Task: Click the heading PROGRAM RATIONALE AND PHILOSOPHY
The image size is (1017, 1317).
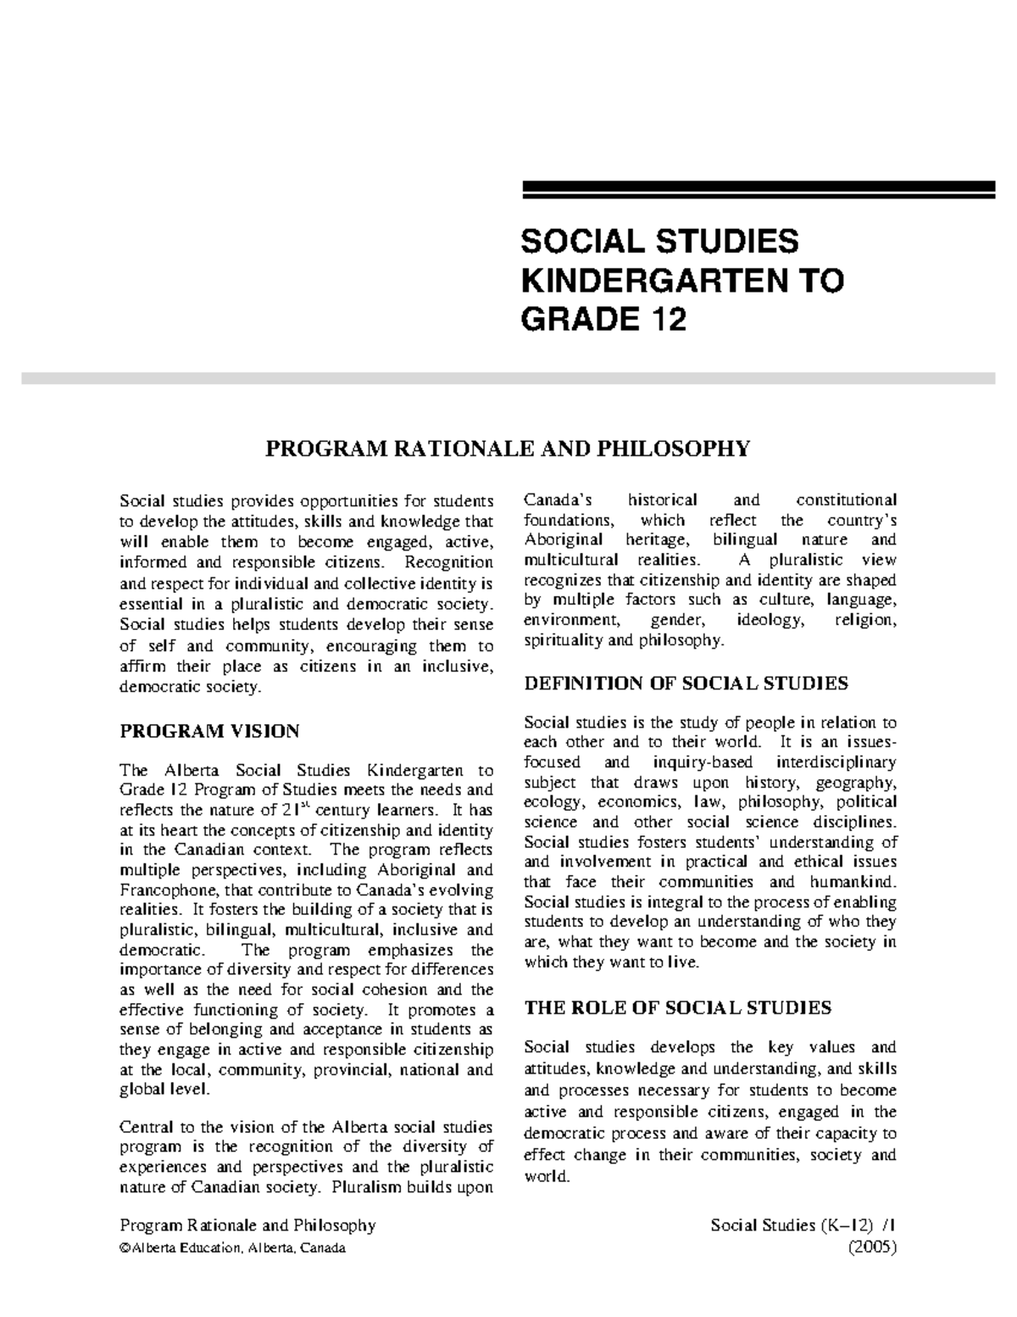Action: (508, 448)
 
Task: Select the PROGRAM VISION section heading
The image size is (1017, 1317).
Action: (209, 730)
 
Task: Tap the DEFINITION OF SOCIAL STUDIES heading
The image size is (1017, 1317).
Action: (686, 683)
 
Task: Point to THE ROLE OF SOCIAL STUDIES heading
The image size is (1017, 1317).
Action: (678, 1007)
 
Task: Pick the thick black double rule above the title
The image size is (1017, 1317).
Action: (758, 190)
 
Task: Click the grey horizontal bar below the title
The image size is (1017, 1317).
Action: (508, 378)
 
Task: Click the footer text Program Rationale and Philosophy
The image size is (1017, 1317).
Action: (247, 1225)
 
